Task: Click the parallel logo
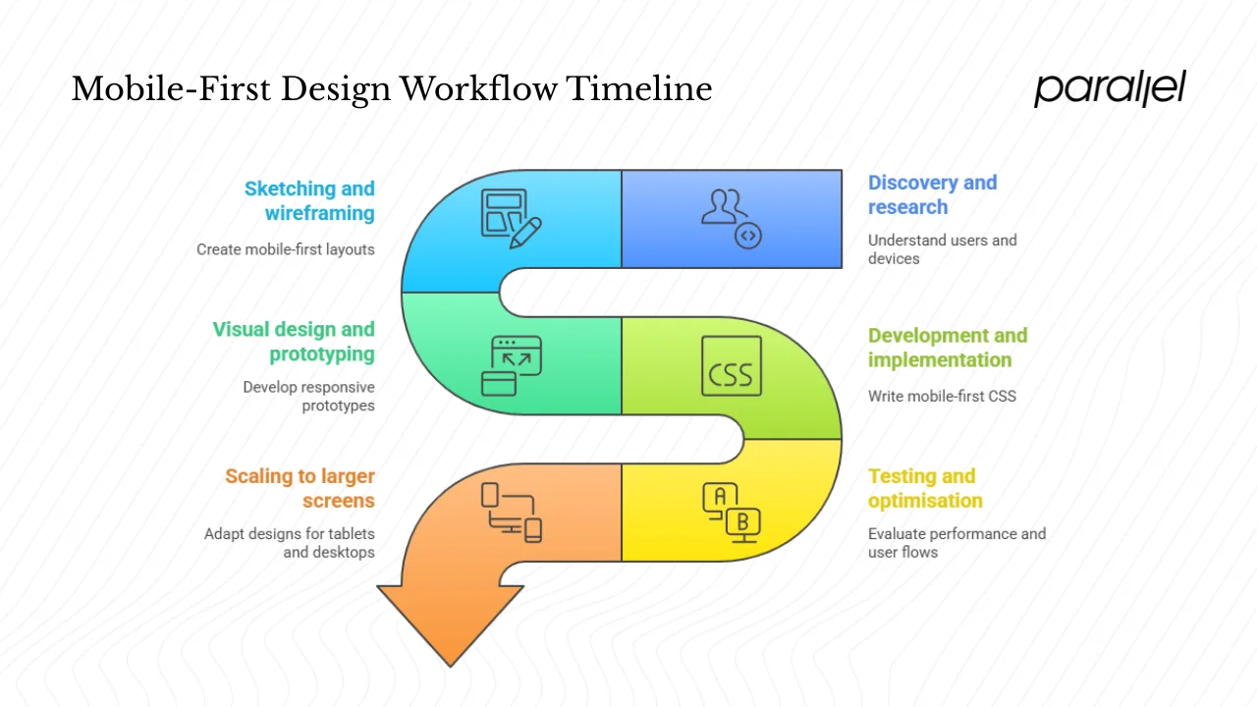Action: [1110, 88]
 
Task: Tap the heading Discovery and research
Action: [931, 194]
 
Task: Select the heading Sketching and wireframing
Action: [309, 200]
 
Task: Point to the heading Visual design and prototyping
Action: [294, 341]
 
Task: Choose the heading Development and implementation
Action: [947, 348]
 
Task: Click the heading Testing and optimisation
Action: [924, 488]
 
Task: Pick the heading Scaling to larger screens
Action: [300, 488]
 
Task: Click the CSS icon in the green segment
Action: [731, 366]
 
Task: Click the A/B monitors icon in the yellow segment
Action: [731, 511]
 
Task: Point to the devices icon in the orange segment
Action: [511, 512]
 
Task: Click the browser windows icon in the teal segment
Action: [511, 365]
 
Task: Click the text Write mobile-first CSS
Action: [941, 397]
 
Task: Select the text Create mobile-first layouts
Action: [285, 249]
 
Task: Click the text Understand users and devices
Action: [941, 249]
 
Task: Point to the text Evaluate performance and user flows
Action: [956, 543]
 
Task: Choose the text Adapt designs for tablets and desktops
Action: [290, 543]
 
